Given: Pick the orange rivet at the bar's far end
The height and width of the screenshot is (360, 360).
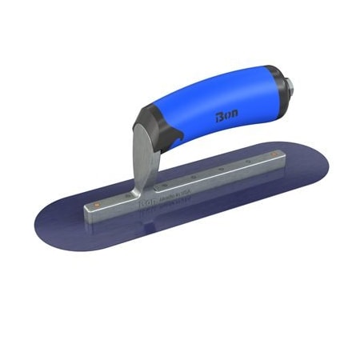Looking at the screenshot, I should (274, 151).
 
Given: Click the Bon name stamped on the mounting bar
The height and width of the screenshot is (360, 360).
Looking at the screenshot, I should (153, 206).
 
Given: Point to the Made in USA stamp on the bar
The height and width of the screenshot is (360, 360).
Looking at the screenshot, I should (176, 198).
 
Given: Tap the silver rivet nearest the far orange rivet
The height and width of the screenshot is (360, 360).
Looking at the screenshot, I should (249, 159).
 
